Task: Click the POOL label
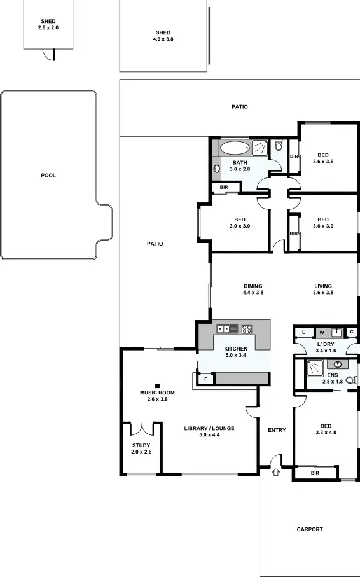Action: point(48,176)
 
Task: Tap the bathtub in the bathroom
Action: point(235,149)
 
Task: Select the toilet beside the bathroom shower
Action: point(279,148)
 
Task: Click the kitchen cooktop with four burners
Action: point(247,329)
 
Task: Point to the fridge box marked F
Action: point(205,379)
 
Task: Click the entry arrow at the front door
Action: point(276,472)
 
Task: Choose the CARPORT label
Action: point(310,529)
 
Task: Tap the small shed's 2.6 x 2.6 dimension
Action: point(48,29)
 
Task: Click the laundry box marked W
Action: point(321,332)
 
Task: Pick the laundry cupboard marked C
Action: point(352,332)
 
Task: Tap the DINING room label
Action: point(253,286)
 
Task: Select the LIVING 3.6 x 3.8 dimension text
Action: point(322,293)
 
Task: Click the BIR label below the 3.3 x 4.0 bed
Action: point(315,473)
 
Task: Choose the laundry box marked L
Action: point(304,332)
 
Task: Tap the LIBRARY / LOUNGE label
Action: point(209,429)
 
